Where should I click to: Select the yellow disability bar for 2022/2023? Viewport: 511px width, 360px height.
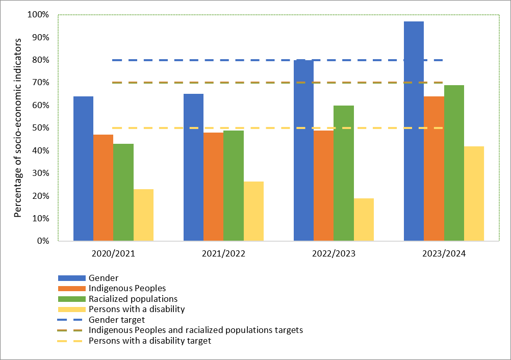click(364, 219)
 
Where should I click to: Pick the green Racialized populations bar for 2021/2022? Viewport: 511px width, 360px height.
click(234, 186)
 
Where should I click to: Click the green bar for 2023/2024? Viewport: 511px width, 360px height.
click(454, 163)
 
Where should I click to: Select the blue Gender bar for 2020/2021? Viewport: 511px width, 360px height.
click(84, 168)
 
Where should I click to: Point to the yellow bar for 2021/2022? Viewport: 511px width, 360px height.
click(253, 211)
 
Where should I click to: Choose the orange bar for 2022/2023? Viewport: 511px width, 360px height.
click(323, 186)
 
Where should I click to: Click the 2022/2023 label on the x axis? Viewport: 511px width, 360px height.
click(334, 253)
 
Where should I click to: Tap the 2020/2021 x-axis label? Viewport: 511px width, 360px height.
click(113, 253)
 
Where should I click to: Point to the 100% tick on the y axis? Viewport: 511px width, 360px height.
click(38, 15)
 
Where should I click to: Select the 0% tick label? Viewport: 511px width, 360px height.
click(42, 241)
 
